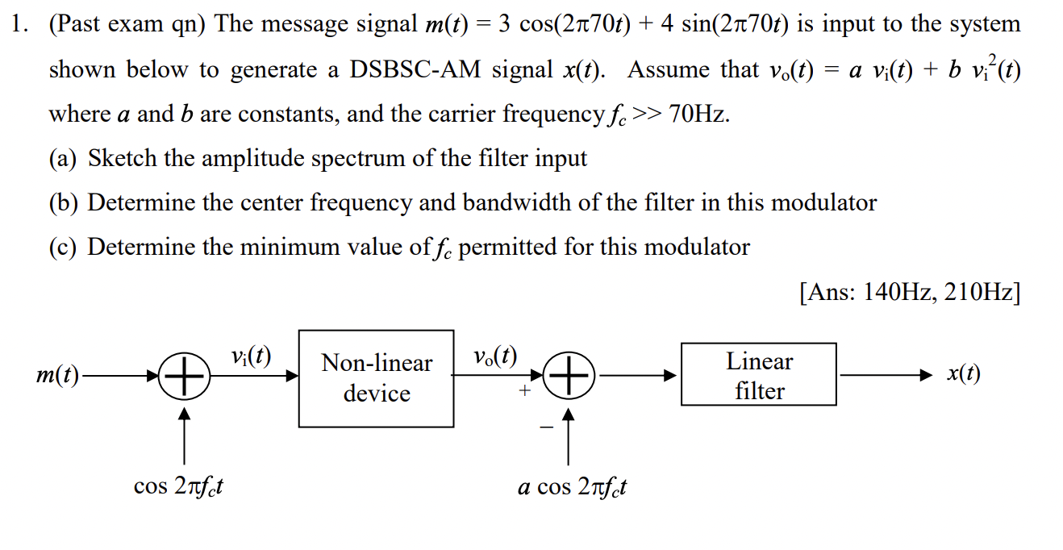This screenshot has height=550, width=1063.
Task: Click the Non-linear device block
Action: coord(376,378)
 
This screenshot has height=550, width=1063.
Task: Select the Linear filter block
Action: coord(758,375)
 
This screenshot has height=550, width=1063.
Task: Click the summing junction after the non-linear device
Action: coord(569,376)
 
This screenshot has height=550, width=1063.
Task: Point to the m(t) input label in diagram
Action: coord(58,376)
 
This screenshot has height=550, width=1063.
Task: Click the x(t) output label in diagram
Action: coord(964,374)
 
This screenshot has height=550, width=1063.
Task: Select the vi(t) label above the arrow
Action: coord(250,356)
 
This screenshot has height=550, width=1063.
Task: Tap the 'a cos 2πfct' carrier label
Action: coord(572,487)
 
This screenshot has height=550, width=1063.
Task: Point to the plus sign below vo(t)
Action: coord(524,392)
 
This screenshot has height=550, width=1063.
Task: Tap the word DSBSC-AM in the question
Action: coord(416,70)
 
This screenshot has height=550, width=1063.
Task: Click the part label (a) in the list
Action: coord(64,158)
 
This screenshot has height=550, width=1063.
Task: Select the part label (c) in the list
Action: coord(64,247)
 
